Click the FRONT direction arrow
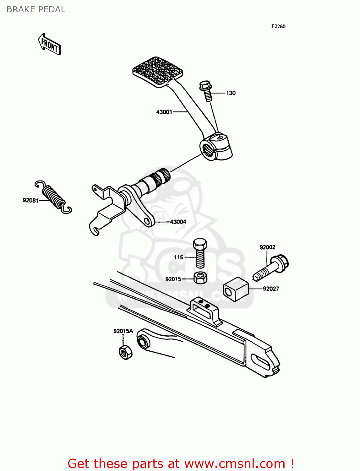[x=50, y=45]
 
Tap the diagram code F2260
[x=278, y=26]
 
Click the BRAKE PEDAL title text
[x=36, y=9]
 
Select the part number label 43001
[x=164, y=112]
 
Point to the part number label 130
[x=231, y=93]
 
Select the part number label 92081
[x=30, y=200]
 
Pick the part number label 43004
[x=178, y=222]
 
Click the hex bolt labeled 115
[x=200, y=253]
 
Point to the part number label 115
[x=178, y=257]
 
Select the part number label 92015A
[x=123, y=331]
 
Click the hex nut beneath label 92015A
[x=126, y=352]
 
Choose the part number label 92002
[x=267, y=247]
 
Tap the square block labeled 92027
[x=236, y=289]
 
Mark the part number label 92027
[x=271, y=289]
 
